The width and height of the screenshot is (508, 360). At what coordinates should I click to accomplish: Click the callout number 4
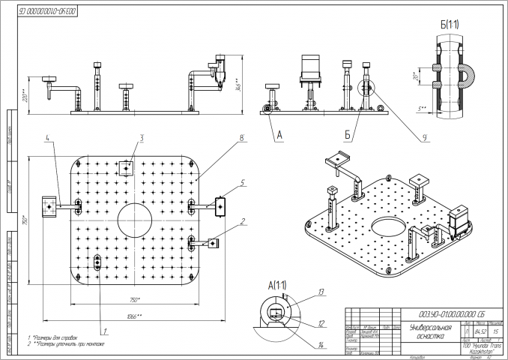coord(46,139)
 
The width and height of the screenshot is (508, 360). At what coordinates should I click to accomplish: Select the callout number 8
coord(243,138)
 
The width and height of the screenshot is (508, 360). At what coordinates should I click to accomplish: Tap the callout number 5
coord(244,182)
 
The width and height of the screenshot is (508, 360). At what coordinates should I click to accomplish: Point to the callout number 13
coord(320,291)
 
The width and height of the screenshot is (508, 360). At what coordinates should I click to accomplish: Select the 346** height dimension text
coord(238,85)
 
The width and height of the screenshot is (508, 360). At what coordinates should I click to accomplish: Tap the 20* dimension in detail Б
coord(415,76)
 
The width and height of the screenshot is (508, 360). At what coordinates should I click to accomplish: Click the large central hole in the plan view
coord(136,220)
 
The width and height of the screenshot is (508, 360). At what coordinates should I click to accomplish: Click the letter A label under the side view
coord(279,136)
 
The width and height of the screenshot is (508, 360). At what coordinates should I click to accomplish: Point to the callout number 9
coord(425,137)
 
